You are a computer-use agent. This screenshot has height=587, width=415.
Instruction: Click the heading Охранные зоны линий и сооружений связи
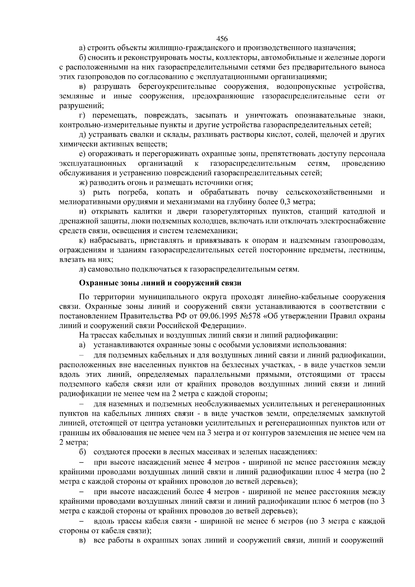tap(160, 283)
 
